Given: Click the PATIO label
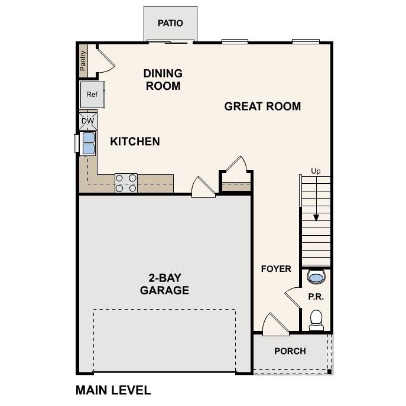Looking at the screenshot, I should (x=170, y=23).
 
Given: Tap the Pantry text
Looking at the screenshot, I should (x=83, y=60).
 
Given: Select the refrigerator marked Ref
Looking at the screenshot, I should (x=92, y=95).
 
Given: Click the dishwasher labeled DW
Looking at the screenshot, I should (x=87, y=121).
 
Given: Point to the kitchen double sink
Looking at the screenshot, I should (x=88, y=143).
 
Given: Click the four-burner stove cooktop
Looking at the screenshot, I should (x=126, y=183).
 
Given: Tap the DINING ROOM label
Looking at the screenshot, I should (x=163, y=79).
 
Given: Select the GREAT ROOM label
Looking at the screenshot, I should (x=262, y=106).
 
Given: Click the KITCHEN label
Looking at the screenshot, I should (x=135, y=141).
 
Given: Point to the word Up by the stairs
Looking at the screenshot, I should (x=316, y=171).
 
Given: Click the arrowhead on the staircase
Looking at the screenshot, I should (x=316, y=217).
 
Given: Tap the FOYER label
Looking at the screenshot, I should (x=276, y=269).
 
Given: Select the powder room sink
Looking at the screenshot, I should (x=316, y=277).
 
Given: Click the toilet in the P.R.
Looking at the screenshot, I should (x=316, y=319).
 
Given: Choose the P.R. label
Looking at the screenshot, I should (x=316, y=297).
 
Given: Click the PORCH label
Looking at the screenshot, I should (x=290, y=351).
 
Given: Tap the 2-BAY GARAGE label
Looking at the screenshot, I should (x=164, y=284).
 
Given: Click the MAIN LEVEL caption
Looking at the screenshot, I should (x=113, y=390).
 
